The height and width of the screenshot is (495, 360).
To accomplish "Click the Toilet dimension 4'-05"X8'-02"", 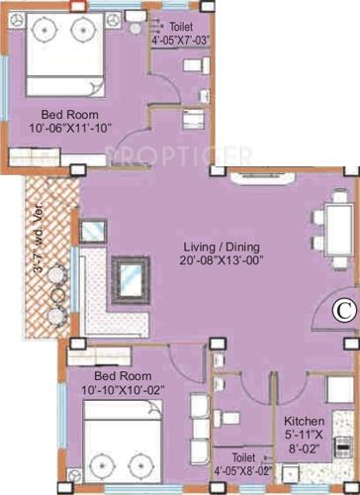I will tap(241, 472).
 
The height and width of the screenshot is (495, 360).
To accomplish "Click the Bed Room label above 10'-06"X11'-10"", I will tap(61, 113).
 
